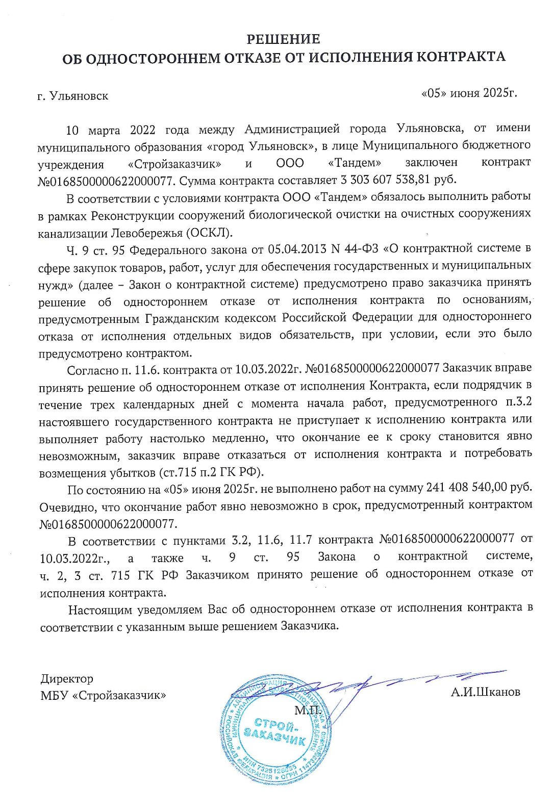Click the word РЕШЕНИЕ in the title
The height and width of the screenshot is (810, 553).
click(283, 39)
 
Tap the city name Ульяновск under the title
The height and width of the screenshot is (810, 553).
click(79, 96)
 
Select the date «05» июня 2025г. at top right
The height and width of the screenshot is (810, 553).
click(469, 93)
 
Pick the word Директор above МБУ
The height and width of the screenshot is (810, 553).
click(67, 679)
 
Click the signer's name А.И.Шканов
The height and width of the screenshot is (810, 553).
click(485, 692)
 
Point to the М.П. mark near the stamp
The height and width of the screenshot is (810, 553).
click(308, 710)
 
